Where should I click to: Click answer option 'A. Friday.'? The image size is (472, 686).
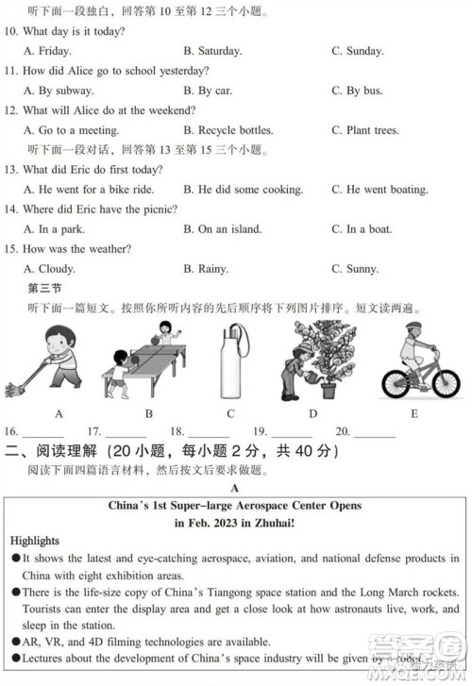point(46,51)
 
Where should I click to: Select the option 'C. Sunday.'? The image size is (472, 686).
point(357,51)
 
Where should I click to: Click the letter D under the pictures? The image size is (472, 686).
point(312,413)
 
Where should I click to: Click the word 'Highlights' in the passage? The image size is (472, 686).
point(34,541)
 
